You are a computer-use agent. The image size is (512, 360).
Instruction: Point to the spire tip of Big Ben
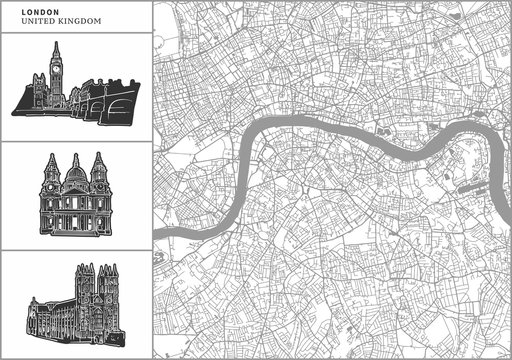click(x=56, y=42)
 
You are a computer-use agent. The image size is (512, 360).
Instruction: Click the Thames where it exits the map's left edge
click(x=160, y=233)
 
